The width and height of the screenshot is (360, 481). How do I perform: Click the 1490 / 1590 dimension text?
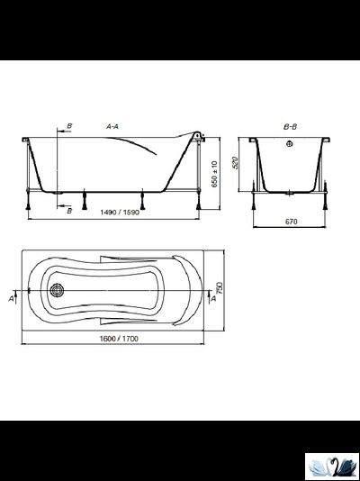point(120,213)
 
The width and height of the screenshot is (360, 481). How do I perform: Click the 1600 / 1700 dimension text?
point(119,339)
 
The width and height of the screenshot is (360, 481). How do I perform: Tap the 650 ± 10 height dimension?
point(214,174)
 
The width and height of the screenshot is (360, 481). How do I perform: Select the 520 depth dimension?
point(235,164)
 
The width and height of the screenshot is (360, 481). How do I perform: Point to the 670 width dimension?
point(291,222)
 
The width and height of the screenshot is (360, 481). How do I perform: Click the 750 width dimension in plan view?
point(220,288)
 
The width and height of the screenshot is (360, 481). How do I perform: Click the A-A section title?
point(112,126)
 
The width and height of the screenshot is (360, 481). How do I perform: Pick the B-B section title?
point(290,127)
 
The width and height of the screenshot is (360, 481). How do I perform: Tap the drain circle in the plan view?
point(57,290)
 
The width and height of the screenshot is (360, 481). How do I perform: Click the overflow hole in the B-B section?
point(290,144)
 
